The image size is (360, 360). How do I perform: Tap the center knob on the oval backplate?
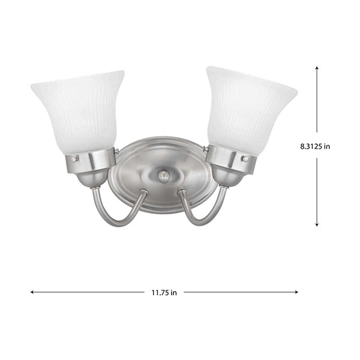(x=163, y=175)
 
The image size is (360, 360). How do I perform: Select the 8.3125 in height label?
(x=315, y=146)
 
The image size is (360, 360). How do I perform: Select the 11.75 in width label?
(x=164, y=293)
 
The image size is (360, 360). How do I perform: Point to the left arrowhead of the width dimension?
(x=32, y=292)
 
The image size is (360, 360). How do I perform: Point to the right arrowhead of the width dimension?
(x=296, y=292)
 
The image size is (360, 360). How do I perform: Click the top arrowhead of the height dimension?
(x=317, y=68)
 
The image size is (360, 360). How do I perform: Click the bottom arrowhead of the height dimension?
(x=317, y=224)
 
